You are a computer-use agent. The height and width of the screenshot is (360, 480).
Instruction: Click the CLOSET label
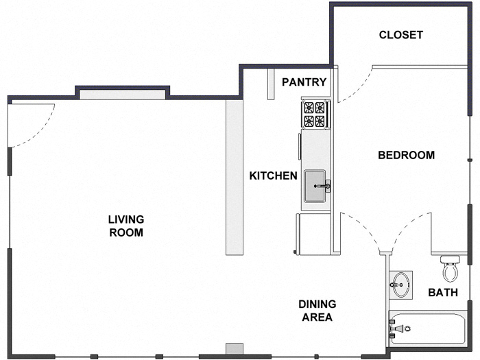point(401,35)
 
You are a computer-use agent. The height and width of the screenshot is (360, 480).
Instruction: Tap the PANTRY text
point(304,82)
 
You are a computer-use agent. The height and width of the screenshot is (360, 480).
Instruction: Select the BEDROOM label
point(406,155)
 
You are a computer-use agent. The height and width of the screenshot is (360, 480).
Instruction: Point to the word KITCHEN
point(273,176)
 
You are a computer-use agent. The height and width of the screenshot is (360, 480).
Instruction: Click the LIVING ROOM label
point(125,226)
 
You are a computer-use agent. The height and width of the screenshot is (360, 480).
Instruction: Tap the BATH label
point(443,293)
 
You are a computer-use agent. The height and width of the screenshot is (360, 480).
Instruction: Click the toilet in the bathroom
point(450,268)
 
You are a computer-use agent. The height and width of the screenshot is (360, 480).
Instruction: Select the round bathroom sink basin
point(401,283)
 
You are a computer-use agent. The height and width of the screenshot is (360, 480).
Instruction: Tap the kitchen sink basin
point(315,185)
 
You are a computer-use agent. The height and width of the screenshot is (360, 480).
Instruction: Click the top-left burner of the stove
point(309,107)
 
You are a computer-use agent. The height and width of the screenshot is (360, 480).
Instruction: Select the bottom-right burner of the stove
point(320,121)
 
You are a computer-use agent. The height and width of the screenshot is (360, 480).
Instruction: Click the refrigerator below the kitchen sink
point(313,233)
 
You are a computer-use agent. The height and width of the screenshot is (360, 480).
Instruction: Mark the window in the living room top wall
point(122,94)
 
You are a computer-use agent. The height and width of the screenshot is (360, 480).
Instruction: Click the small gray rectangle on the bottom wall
point(235,348)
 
